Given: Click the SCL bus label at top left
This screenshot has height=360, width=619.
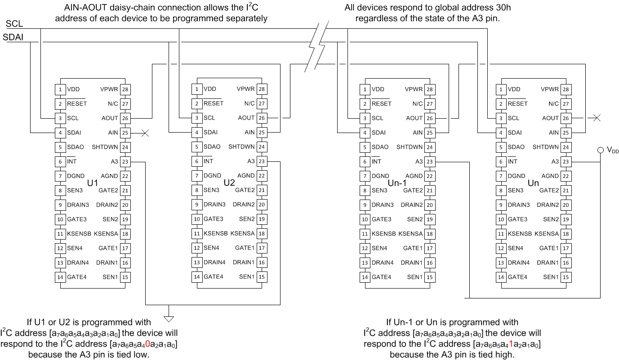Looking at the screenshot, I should tap(14, 24).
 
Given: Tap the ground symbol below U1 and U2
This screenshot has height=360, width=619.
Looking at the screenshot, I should tap(169, 319).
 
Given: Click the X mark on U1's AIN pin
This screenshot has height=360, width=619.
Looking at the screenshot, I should tap(145, 133).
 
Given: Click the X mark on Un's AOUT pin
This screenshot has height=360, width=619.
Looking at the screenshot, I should tap(596, 118).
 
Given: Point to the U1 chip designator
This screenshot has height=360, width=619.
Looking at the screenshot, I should tap(93, 183).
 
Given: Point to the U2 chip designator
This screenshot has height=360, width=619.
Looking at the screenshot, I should tap(229, 183).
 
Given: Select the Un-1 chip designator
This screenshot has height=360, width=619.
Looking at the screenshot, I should tap(397, 183).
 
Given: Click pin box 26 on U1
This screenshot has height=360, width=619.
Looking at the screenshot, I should tap(125, 118).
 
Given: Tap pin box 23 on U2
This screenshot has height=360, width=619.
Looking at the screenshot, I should tap(262, 161).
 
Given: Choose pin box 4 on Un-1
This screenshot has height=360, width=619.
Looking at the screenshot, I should tap(365, 133).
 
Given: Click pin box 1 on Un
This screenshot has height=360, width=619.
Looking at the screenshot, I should tap(501, 89).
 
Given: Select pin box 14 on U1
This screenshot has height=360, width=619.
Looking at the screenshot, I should tap(60, 277).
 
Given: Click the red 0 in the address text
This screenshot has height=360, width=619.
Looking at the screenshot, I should tap(147, 344).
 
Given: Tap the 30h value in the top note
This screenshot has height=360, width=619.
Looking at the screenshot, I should tap(503, 8).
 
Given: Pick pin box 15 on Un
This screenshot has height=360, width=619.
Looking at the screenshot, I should tap(566, 277).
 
